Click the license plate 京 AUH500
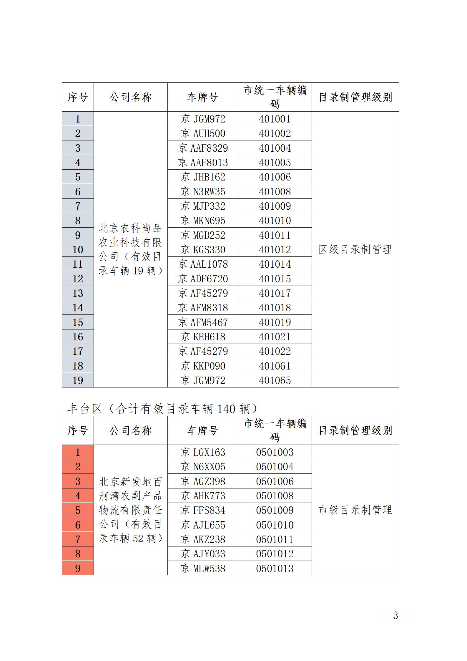tap(203, 133)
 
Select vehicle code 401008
tap(275, 192)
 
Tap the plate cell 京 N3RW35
tap(203, 192)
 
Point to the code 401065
tap(275, 380)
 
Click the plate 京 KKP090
tap(203, 366)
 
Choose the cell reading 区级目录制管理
tap(355, 249)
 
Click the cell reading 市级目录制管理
tap(355, 510)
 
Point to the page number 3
tap(395, 615)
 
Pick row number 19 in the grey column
tap(78, 380)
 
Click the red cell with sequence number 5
tap(78, 510)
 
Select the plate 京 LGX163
tap(203, 452)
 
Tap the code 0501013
tap(275, 569)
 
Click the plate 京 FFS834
tap(203, 510)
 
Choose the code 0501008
tap(275, 496)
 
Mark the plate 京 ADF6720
tap(203, 279)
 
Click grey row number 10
tap(78, 250)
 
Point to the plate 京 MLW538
tap(203, 569)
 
